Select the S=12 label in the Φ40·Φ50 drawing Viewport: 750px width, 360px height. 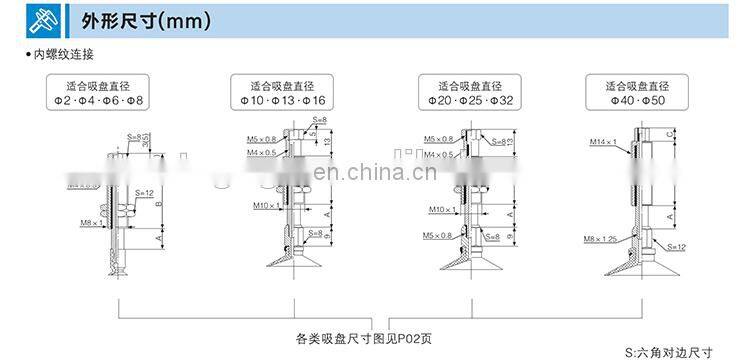coord(676,246)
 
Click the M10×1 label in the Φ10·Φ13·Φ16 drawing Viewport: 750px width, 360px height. coord(264,206)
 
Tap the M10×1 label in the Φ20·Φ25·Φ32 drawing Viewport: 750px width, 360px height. coord(442,209)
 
